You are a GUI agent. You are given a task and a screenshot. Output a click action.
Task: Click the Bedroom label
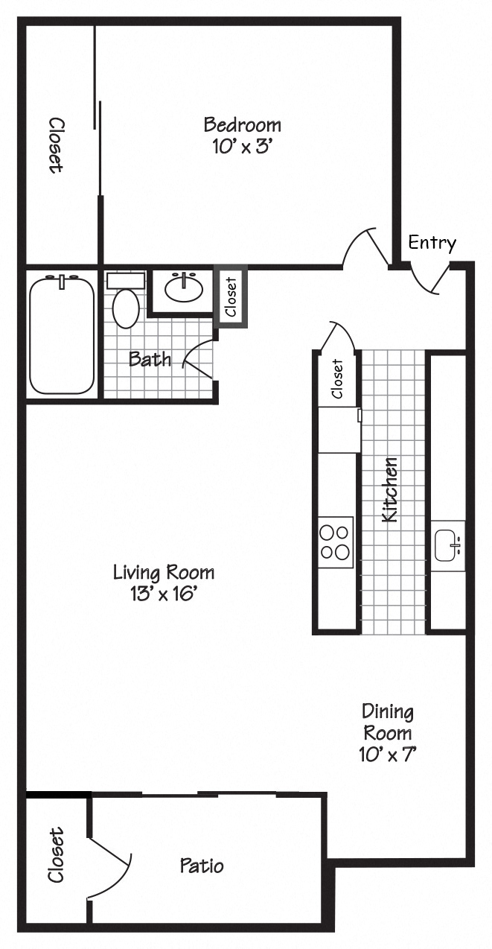243,124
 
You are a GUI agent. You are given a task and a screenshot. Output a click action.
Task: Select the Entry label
432,243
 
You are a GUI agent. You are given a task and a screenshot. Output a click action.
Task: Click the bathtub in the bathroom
62,334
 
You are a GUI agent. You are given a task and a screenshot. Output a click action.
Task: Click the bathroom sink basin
183,288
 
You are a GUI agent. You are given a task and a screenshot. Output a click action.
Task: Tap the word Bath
150,359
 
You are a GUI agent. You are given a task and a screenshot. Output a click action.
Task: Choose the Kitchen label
389,489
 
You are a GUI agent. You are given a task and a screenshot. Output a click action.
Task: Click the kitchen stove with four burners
335,542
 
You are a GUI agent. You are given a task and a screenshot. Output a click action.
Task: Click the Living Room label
164,572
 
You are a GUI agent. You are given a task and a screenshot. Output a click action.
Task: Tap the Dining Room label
387,722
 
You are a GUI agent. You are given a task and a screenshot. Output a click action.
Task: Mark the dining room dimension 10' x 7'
387,754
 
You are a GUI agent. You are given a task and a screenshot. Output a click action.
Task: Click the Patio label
202,866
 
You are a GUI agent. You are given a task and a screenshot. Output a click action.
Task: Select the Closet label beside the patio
57,855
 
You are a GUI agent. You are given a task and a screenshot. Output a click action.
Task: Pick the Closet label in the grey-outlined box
231,296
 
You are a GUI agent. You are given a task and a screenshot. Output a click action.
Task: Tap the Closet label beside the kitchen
337,379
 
